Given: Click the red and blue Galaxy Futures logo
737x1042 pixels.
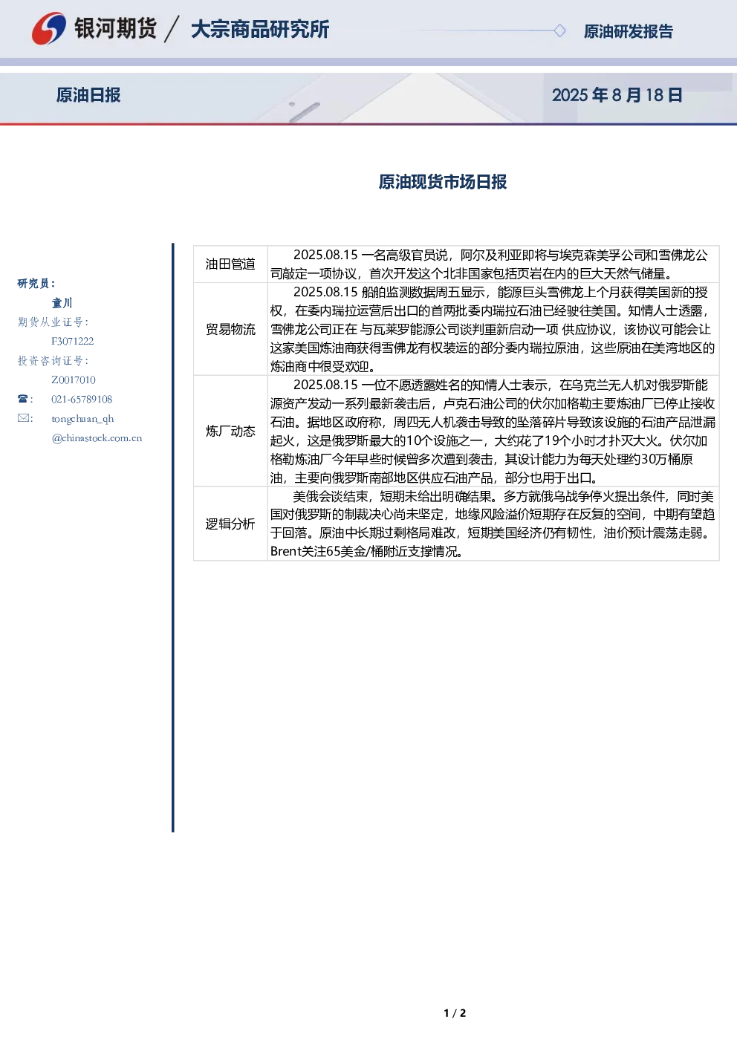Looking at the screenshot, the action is coord(48,28).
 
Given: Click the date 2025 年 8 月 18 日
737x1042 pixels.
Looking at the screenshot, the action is coord(617,95).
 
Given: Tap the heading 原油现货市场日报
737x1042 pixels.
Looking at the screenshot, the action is coord(442,181).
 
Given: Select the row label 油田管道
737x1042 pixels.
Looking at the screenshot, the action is coord(230,264).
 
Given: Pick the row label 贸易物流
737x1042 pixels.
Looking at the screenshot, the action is coord(230,329).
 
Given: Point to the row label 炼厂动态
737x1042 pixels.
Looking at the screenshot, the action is coord(230,432).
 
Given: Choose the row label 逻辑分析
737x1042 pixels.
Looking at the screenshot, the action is coord(230,524).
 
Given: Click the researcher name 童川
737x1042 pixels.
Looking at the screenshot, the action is coord(62,303).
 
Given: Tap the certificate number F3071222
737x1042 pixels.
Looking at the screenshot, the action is coord(73,341).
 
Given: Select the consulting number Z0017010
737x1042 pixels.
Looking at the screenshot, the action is coord(74,380).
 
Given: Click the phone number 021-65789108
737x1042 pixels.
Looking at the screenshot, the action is coord(82,399).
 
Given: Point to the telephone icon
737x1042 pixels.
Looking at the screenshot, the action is coord(23,399).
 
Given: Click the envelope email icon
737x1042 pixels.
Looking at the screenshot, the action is coord(23,417).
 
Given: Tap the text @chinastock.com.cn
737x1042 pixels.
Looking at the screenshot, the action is coord(97,437).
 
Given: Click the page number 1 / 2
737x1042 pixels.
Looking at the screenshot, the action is coord(455,1013).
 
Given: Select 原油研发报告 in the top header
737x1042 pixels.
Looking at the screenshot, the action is coord(628,31).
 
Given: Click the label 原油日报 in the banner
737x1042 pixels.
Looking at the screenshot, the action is coord(88,95).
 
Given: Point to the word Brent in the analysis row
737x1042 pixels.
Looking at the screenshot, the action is coord(286,551).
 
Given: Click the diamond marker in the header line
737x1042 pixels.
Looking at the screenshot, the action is coord(559,30).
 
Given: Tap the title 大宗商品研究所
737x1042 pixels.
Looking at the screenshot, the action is coord(260,29).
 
